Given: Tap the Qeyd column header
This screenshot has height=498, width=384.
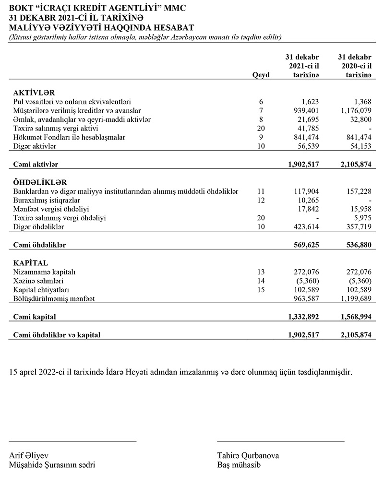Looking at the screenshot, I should [x=261, y=75].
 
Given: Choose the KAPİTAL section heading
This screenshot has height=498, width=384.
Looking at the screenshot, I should [x=31, y=263].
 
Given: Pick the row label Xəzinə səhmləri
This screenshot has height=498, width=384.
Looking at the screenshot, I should [x=39, y=281].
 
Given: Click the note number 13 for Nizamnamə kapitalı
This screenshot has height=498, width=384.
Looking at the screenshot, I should [x=261, y=273].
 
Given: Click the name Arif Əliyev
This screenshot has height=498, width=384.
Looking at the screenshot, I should [x=29, y=455].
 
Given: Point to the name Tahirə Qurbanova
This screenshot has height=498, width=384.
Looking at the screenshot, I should [x=248, y=455].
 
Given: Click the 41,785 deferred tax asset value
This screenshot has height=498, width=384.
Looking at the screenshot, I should [x=309, y=128].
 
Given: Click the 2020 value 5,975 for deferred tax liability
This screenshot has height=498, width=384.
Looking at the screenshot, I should [x=361, y=218].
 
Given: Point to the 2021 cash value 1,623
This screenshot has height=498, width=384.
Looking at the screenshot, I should [x=311, y=102].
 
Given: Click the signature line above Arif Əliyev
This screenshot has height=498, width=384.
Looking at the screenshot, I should [x=73, y=440].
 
